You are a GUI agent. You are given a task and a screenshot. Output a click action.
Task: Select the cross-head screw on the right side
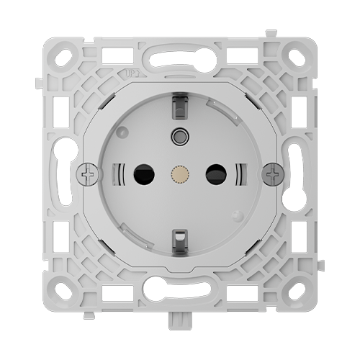[x=271, y=174]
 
